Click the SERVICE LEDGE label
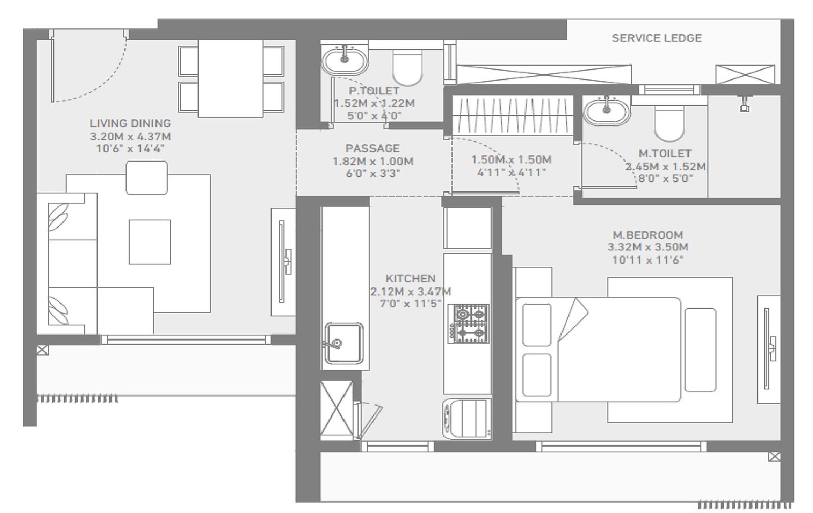click(656, 38)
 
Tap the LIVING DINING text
click(130, 123)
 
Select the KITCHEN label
click(410, 278)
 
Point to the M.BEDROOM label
click(648, 235)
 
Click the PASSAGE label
click(372, 148)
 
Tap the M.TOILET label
click(665, 153)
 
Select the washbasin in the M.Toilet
click(606, 111)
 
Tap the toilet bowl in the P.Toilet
click(408, 68)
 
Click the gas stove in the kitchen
click(468, 324)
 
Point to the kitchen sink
click(343, 343)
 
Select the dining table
click(231, 78)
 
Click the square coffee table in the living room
click(149, 242)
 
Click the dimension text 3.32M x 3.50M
click(648, 247)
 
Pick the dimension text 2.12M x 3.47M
click(411, 292)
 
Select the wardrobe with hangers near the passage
click(511, 115)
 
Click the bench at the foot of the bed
click(701, 350)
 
